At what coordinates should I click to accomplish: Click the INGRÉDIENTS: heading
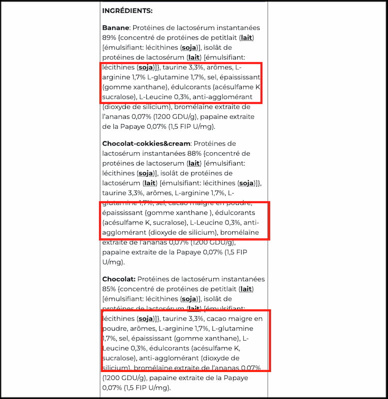pyautogui.click(x=127, y=10)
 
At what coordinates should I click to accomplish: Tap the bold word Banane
pyautogui.click(x=115, y=28)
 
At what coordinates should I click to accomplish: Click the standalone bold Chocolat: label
pyautogui.click(x=118, y=279)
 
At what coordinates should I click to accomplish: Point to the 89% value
pyautogui.click(x=109, y=37)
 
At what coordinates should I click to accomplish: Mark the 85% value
pyautogui.click(x=109, y=289)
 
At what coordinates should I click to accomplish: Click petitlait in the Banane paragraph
pyautogui.click(x=220, y=37)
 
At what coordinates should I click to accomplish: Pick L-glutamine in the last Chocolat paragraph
pyautogui.click(x=232, y=329)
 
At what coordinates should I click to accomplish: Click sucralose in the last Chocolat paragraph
pyautogui.click(x=118, y=358)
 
